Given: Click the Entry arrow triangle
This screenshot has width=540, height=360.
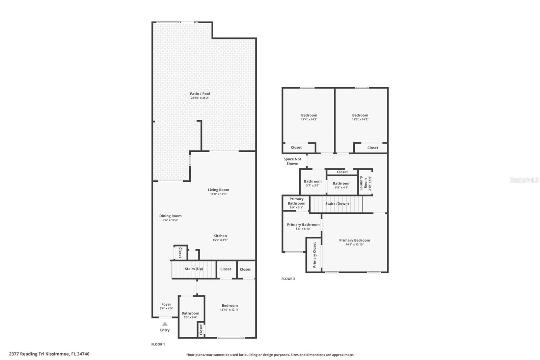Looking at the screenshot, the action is pos(165,324).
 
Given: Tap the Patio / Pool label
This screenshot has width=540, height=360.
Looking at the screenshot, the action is pos(200,94).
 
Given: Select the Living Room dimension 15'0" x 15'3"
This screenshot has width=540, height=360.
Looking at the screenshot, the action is pos(218,194).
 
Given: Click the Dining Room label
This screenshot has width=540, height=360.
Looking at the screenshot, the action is pos(170,216).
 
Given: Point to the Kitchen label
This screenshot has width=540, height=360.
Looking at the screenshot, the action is pos(220,236).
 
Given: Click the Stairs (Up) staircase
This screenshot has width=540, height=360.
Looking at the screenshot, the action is pos(194,269).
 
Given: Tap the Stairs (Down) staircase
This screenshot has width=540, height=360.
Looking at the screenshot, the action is pos(336,204).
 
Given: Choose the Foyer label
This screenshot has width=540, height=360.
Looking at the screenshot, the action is pos(166,304).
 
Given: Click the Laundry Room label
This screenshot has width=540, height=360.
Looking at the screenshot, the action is pos(363,183).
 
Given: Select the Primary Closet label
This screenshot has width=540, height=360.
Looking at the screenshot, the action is pos(314,255).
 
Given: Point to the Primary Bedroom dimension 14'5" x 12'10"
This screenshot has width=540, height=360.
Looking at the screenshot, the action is pos(355,245).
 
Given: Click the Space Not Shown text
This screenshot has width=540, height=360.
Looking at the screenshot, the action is pos(292,161).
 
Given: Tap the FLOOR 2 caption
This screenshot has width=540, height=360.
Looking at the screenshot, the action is pos(288,279).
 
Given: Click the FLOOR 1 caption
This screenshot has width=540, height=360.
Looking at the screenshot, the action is pos(158,344).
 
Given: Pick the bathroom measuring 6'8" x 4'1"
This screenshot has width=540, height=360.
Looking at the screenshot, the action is pos(342,185).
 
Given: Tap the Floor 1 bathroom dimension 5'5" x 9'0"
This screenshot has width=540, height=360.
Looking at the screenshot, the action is pos(190,317).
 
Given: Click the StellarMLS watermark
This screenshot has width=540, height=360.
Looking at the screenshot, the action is pos(524,180).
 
